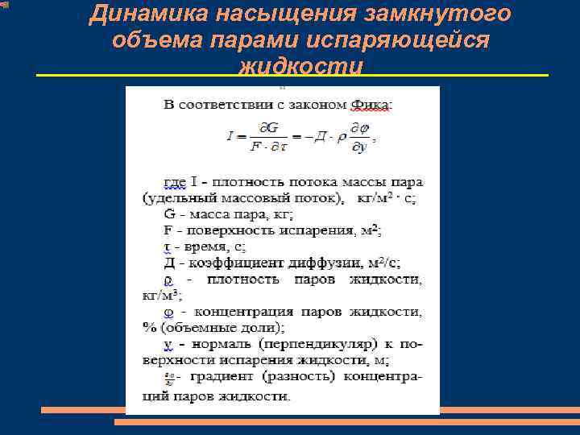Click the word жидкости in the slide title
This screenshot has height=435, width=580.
[300, 66]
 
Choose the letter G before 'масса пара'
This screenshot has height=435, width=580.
[169, 214]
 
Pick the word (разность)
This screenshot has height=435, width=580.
[307, 377]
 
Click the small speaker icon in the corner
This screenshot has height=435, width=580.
[5, 6]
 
